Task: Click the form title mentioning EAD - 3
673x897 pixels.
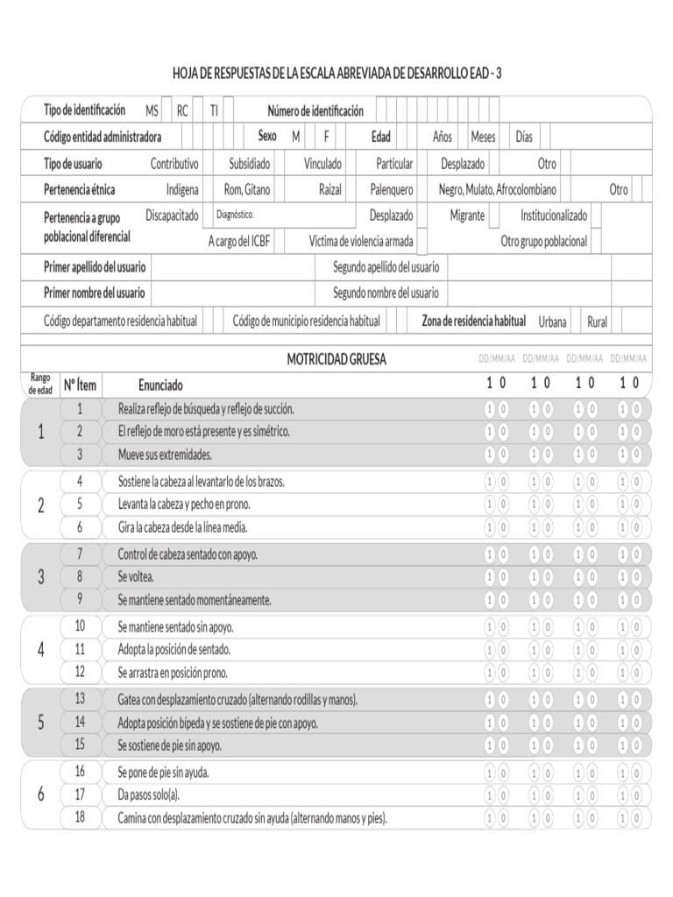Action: coord(336,74)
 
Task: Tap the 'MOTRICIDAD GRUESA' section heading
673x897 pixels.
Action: coord(336,359)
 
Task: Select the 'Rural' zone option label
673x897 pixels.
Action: coord(597,322)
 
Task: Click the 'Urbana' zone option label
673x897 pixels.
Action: coord(552,322)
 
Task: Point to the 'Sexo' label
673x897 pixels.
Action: coord(267,137)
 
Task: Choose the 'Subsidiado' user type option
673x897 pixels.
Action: coord(250,164)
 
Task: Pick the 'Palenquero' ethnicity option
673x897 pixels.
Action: coord(392,190)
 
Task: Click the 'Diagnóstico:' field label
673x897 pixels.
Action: coord(235,214)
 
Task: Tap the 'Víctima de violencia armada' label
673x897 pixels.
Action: coord(361,242)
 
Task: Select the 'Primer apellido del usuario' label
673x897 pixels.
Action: coord(95,267)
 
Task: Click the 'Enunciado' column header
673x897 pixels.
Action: coord(160,385)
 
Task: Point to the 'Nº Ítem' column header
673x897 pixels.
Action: coord(80,385)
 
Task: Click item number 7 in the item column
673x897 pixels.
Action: coord(80,554)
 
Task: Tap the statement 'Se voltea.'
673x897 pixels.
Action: coord(136,576)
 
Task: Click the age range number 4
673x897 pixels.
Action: coord(40,649)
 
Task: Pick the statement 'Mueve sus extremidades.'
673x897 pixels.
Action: coord(165,455)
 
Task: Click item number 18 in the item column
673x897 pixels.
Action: coord(80,817)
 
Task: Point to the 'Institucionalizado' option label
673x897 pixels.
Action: coord(554,215)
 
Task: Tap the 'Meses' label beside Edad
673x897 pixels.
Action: coord(483,138)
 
